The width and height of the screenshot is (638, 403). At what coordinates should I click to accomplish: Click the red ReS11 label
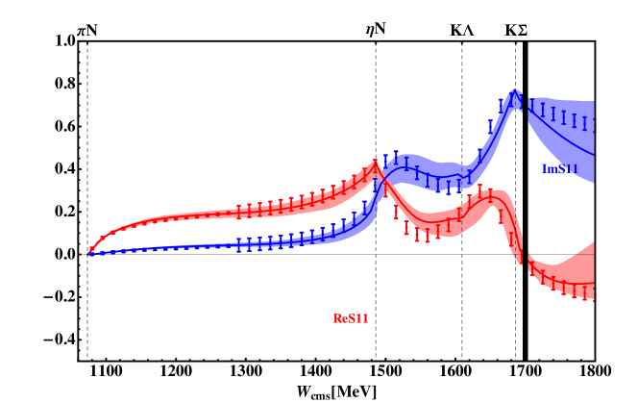click(351, 318)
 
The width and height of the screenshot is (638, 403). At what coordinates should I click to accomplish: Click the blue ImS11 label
click(559, 169)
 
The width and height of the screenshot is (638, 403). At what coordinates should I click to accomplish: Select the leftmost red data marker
click(91, 249)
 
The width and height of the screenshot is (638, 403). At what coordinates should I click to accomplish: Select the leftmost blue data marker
click(90, 254)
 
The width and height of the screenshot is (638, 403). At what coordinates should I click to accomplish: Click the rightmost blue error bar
click(594, 124)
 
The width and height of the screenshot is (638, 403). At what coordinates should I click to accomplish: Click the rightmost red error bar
click(594, 292)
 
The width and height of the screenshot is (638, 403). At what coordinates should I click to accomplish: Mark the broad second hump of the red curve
click(489, 195)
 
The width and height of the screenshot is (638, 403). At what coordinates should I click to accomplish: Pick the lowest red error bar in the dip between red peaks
click(428, 234)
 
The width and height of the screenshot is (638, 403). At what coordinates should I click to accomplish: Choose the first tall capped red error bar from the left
click(239, 212)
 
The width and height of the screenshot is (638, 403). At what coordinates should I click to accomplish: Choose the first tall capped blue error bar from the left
click(239, 245)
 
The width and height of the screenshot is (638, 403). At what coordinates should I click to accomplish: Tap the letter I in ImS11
click(544, 169)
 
